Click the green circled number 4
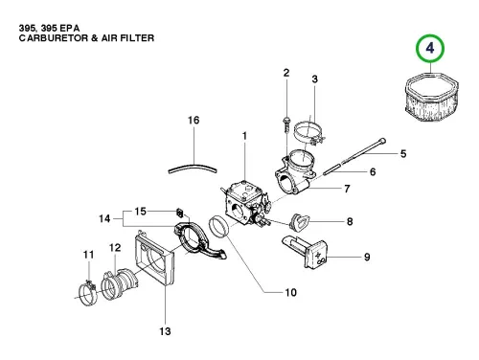(x=430, y=49)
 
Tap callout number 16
(x=194, y=121)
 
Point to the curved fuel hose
(x=193, y=168)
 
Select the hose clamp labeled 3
(x=308, y=133)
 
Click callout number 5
(x=403, y=154)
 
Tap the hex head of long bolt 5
(x=382, y=141)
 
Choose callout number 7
(x=347, y=189)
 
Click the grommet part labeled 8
(x=299, y=221)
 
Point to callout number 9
(x=367, y=257)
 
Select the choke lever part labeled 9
(x=305, y=252)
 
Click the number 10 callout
(x=290, y=292)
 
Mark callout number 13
(x=165, y=331)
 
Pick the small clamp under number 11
(x=87, y=292)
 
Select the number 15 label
(x=140, y=212)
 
